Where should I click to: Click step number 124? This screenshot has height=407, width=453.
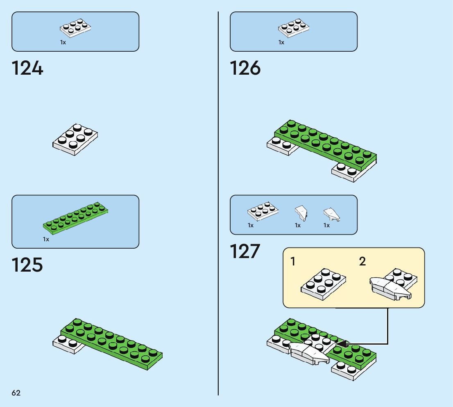pyautogui.click(x=27, y=68)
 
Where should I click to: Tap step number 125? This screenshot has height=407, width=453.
pyautogui.click(x=27, y=265)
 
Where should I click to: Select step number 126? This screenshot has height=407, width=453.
pyautogui.click(x=245, y=68)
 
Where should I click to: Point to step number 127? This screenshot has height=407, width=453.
pyautogui.click(x=245, y=251)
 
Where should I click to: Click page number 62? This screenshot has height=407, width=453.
pyautogui.click(x=16, y=393)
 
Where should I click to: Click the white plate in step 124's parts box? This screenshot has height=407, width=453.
pyautogui.click(x=75, y=28)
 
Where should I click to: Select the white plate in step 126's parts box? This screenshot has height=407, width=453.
pyautogui.click(x=294, y=28)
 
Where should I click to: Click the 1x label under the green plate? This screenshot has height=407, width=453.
pyautogui.click(x=46, y=239)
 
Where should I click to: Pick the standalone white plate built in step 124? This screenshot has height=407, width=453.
pyautogui.click(x=75, y=139)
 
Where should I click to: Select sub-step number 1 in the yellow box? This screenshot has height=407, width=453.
pyautogui.click(x=293, y=261)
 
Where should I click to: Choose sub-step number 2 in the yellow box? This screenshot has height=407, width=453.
pyautogui.click(x=362, y=261)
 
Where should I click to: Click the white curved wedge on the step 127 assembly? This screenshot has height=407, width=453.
pyautogui.click(x=309, y=352)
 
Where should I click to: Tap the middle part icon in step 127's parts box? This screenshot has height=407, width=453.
pyautogui.click(x=301, y=213)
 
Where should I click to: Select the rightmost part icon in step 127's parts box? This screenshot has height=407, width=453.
pyautogui.click(x=331, y=214)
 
